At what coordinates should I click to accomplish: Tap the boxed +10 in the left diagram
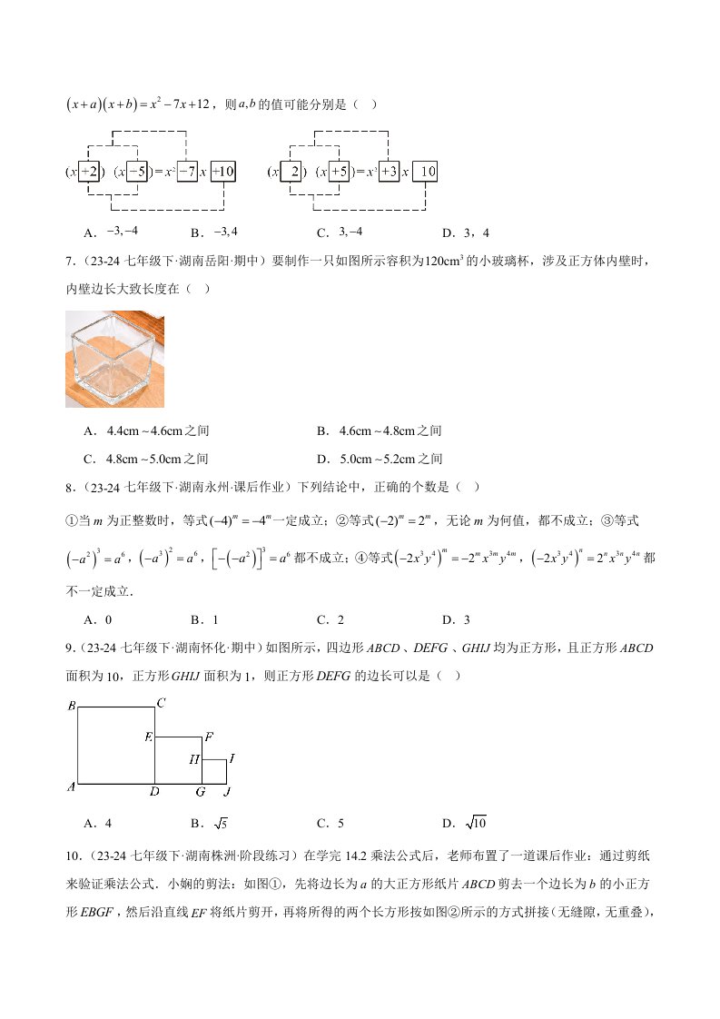223,171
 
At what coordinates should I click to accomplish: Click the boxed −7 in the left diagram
187,171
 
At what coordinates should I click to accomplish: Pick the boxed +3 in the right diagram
389,171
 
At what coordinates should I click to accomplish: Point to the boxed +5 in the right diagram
339,171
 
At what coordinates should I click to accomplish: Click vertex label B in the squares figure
71,706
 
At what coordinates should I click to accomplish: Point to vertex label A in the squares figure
71,787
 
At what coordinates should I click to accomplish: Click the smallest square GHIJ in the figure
214,770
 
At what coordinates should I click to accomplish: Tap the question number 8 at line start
70,487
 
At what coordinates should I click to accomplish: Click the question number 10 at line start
74,855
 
